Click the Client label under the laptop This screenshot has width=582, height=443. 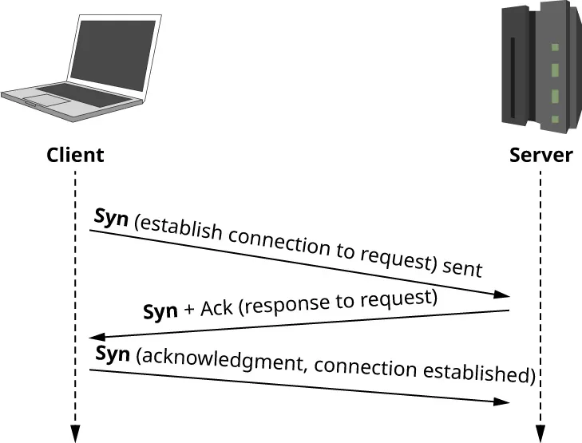(x=75, y=155)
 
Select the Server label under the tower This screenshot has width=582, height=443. (x=540, y=155)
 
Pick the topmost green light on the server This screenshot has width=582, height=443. (x=555, y=48)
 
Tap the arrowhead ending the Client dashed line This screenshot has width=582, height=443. (x=75, y=433)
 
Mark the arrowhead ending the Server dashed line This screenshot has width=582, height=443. (x=540, y=433)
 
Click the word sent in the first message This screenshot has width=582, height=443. (x=462, y=265)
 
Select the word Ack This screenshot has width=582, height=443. (x=217, y=307)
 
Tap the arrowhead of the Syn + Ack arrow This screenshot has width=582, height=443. (x=97, y=337)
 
